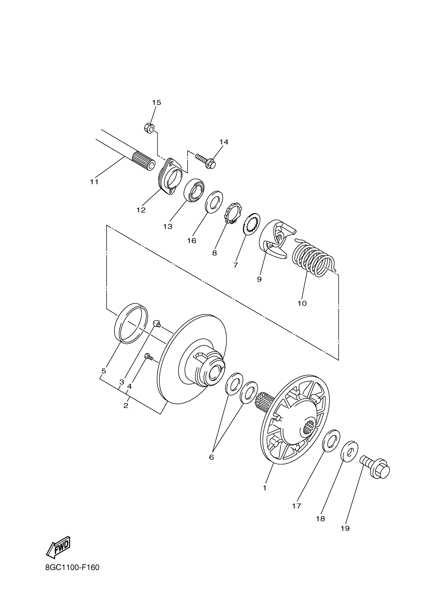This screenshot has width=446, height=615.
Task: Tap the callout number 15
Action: pos(156,102)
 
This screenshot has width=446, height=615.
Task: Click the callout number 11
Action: pos(94,182)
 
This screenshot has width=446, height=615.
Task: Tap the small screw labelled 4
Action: pos(148,357)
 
